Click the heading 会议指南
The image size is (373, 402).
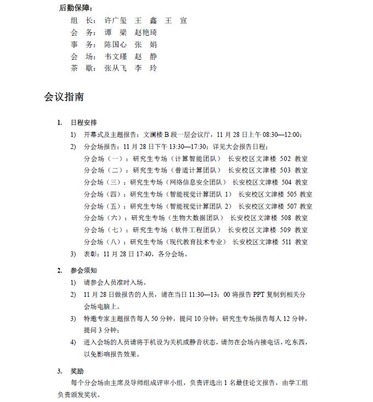(64, 97)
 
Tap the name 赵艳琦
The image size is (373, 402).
(145, 32)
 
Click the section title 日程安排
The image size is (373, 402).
(84, 122)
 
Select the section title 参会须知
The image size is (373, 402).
(84, 270)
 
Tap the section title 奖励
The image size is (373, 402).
(77, 371)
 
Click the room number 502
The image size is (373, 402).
(285, 158)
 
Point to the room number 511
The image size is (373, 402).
(285, 242)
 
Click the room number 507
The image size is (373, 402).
(291, 206)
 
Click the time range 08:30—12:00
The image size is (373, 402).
(279, 134)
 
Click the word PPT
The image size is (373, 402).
(258, 294)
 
